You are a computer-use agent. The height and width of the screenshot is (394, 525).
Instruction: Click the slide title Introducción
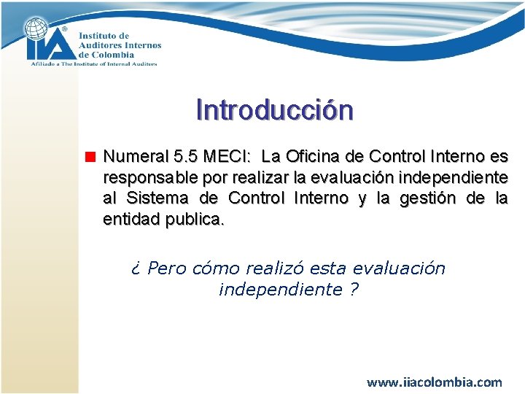[x=274, y=109]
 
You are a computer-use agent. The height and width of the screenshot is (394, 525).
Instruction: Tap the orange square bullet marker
[x=90, y=156]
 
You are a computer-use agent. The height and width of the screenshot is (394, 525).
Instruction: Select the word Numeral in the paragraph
[x=136, y=156]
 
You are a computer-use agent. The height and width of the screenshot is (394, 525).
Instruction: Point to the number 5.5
[x=187, y=156]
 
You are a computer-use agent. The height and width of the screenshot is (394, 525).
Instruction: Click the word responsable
[x=147, y=177]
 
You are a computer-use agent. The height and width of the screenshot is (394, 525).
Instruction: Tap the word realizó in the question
[x=273, y=269]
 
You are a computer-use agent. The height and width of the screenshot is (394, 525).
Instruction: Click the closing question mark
[x=354, y=290]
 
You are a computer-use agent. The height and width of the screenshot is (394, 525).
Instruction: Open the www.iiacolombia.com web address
[x=434, y=382]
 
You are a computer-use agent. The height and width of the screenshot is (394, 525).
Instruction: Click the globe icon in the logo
[x=38, y=30]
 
